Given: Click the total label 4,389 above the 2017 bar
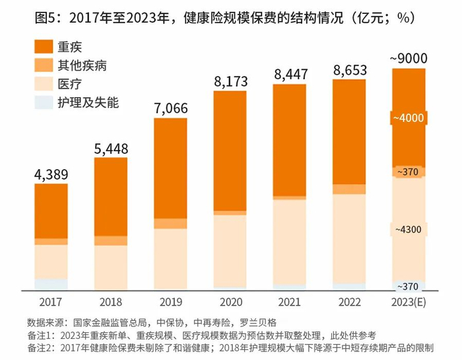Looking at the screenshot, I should tap(51, 175).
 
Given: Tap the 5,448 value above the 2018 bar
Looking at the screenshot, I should tap(111, 149).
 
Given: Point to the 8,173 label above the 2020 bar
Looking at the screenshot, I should tap(231, 82).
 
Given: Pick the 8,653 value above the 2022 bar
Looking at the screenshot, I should tap(350, 71).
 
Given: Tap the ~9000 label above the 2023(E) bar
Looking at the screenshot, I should tap(409, 59).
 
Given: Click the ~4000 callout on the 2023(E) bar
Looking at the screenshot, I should tap(410, 118).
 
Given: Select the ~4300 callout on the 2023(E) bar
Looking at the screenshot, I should tap(410, 229).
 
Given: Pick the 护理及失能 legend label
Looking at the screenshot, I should tap(88, 102).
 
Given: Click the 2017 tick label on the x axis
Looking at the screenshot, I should tap(51, 303).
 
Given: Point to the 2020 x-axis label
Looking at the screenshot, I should tap(231, 303).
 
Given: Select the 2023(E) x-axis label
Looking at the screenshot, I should tap(410, 303).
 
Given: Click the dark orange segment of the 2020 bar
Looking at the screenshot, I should tap(231, 151).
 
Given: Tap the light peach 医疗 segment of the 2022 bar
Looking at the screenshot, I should tap(350, 238).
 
